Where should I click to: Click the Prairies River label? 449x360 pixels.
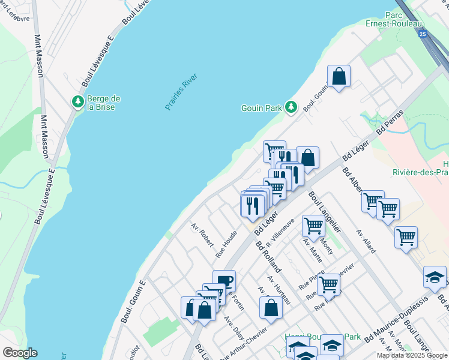pyautogui.click(x=181, y=91)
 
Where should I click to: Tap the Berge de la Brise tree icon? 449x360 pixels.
pyautogui.click(x=77, y=102)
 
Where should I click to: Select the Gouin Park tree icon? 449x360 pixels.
pyautogui.click(x=291, y=107)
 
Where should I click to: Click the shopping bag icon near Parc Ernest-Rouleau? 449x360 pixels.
pyautogui.click(x=339, y=76)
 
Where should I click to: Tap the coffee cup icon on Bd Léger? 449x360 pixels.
pyautogui.click(x=224, y=280)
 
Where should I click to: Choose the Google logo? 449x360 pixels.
pyautogui.click(x=19, y=352)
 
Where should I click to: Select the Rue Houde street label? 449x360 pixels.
pyautogui.click(x=226, y=245)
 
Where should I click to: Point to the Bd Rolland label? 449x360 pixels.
pyautogui.click(x=268, y=256)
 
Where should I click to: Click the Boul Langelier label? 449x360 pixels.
pyautogui.click(x=325, y=212)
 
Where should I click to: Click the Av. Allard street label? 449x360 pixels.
pyautogui.click(x=365, y=240)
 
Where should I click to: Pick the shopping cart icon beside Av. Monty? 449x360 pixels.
pyautogui.click(x=313, y=226)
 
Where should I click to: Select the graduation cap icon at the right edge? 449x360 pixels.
pyautogui.click(x=435, y=277)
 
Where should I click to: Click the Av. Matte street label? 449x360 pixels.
pyautogui.click(x=313, y=250)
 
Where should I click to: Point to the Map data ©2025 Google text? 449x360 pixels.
pyautogui.click(x=412, y=355)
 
